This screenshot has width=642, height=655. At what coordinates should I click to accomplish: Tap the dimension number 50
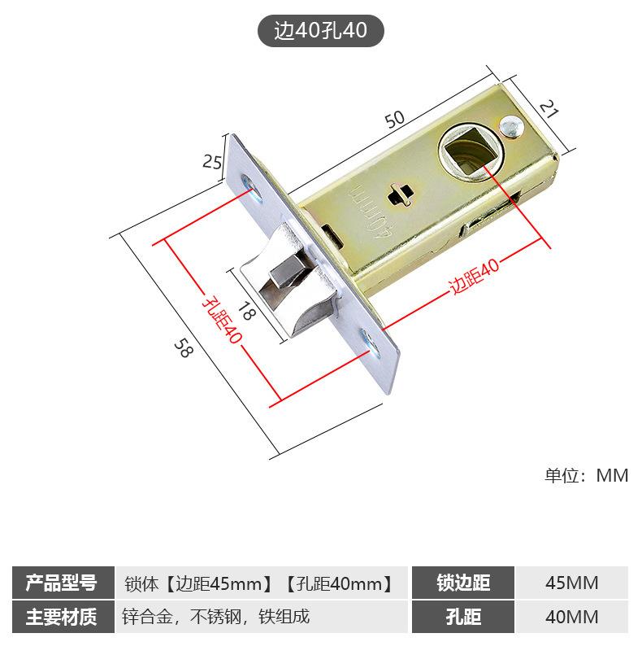point(395,119)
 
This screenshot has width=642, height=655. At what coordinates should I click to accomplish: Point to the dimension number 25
point(212,161)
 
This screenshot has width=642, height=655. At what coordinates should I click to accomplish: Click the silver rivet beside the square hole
point(511,125)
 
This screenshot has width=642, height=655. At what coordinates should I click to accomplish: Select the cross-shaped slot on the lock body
point(400,194)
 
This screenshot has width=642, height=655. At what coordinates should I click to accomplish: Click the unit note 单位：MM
point(586,475)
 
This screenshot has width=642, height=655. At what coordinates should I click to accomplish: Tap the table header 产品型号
point(61,583)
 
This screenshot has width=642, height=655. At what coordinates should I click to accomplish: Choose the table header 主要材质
point(61,616)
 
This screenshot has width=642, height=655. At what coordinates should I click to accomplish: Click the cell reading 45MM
point(571,583)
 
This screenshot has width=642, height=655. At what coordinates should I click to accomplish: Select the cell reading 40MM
point(571,616)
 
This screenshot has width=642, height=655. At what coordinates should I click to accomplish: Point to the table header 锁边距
point(463,583)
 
